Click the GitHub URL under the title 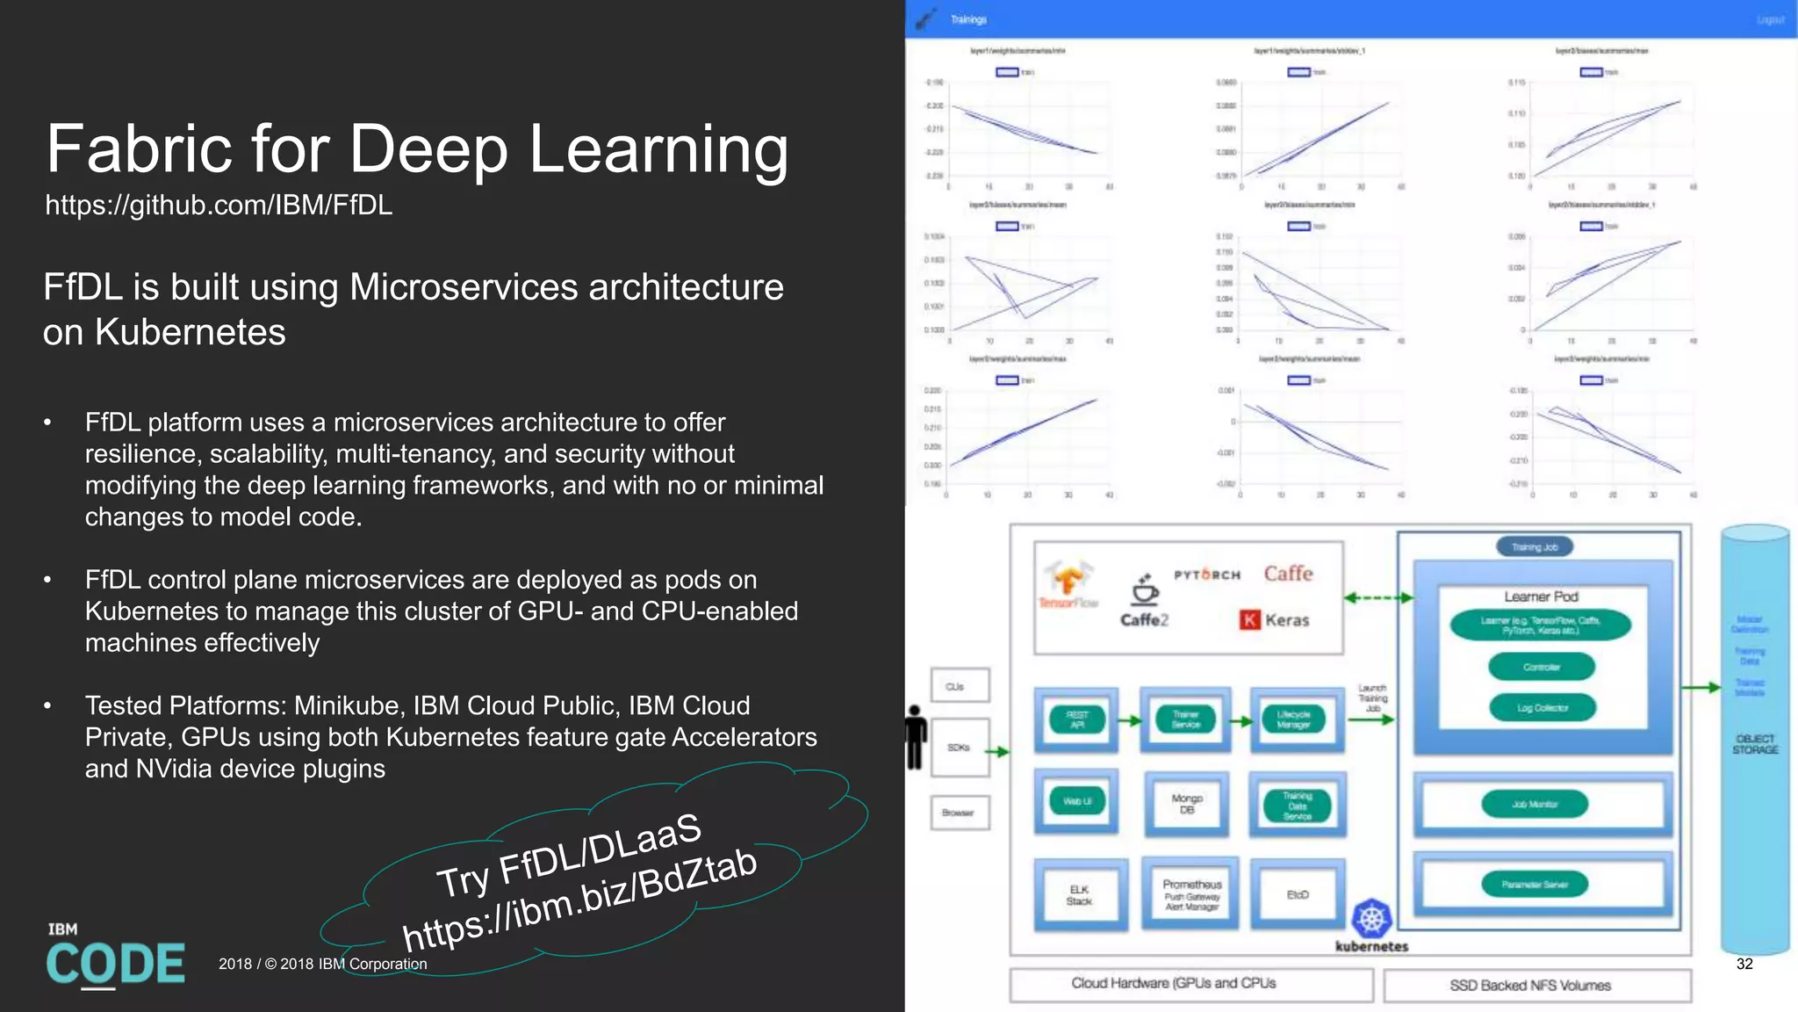pos(219,206)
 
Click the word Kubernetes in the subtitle pos(190,332)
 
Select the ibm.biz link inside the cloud pos(579,902)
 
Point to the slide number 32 pos(1744,964)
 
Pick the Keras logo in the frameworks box pos(1275,620)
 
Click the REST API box pos(1077,720)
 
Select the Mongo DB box pos(1186,804)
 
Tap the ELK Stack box pos(1079,895)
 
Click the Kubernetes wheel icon pos(1371,919)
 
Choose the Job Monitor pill pos(1534,804)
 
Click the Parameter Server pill pos(1534,885)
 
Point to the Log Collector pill pos(1542,708)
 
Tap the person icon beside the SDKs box pos(915,738)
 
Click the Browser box pos(959,813)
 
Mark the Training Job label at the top pos(1534,547)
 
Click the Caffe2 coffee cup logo pos(1144,591)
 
